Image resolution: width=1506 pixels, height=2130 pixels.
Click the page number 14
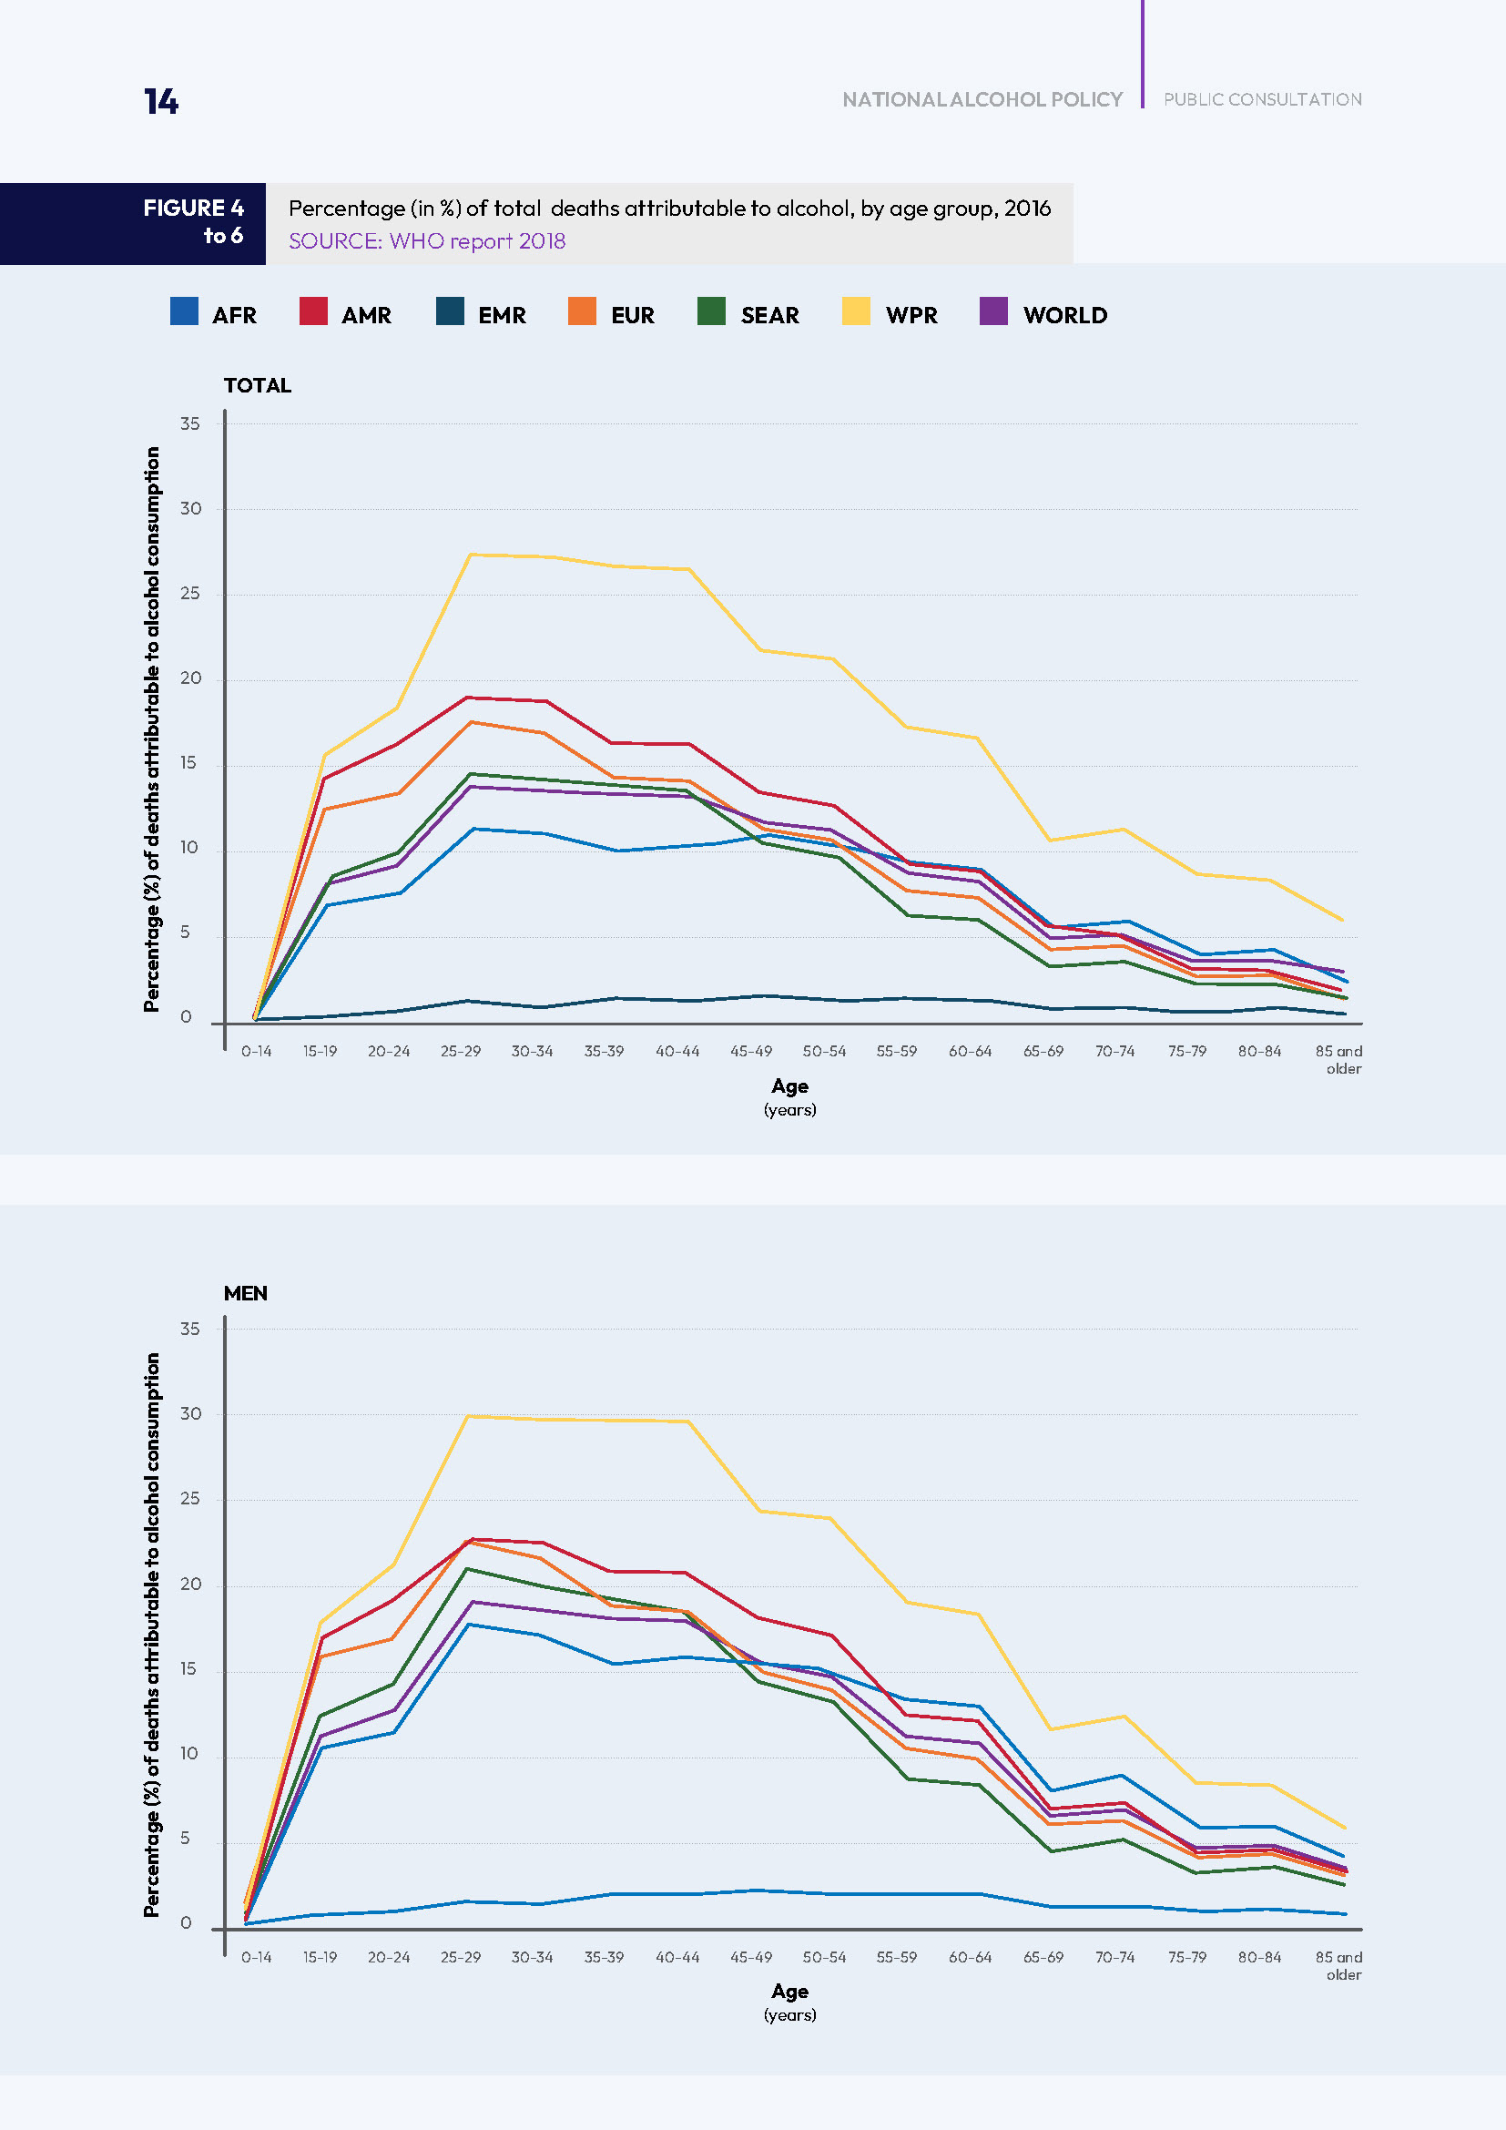pyautogui.click(x=160, y=101)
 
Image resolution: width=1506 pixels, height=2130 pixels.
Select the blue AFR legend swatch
pyautogui.click(x=184, y=311)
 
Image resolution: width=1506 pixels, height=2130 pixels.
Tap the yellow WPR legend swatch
pyautogui.click(x=855, y=311)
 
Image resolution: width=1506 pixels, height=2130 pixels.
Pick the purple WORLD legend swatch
pyautogui.click(x=993, y=311)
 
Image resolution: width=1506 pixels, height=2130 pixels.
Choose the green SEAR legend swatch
pyautogui.click(x=710, y=311)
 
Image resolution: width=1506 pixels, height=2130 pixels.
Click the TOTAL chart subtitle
pyautogui.click(x=257, y=385)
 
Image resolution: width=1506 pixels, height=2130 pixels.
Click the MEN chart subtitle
pyautogui.click(x=245, y=1293)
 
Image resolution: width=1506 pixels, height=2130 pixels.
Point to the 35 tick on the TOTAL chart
pyautogui.click(x=190, y=424)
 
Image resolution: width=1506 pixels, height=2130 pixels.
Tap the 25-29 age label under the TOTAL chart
pyautogui.click(x=460, y=1051)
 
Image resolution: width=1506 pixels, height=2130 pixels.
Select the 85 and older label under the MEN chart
pyautogui.click(x=1338, y=1965)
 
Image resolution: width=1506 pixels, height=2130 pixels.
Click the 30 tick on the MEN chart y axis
pyautogui.click(x=190, y=1414)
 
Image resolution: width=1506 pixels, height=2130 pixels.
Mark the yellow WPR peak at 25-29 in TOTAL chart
pyautogui.click(x=471, y=555)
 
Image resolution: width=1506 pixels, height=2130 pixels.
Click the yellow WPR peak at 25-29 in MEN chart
pyautogui.click(x=468, y=1417)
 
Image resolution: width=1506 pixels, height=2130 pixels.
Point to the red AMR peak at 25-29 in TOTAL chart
pyautogui.click(x=469, y=698)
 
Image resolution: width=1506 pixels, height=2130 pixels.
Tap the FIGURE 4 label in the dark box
pyautogui.click(x=193, y=208)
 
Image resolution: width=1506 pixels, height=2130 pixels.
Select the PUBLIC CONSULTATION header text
pyautogui.click(x=1262, y=99)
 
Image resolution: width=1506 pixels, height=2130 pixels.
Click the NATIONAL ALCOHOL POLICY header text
pyautogui.click(x=982, y=99)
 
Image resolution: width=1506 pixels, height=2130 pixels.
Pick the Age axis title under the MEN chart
pyautogui.click(x=789, y=1992)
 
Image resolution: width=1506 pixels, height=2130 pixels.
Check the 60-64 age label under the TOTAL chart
pyautogui.click(x=969, y=1051)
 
